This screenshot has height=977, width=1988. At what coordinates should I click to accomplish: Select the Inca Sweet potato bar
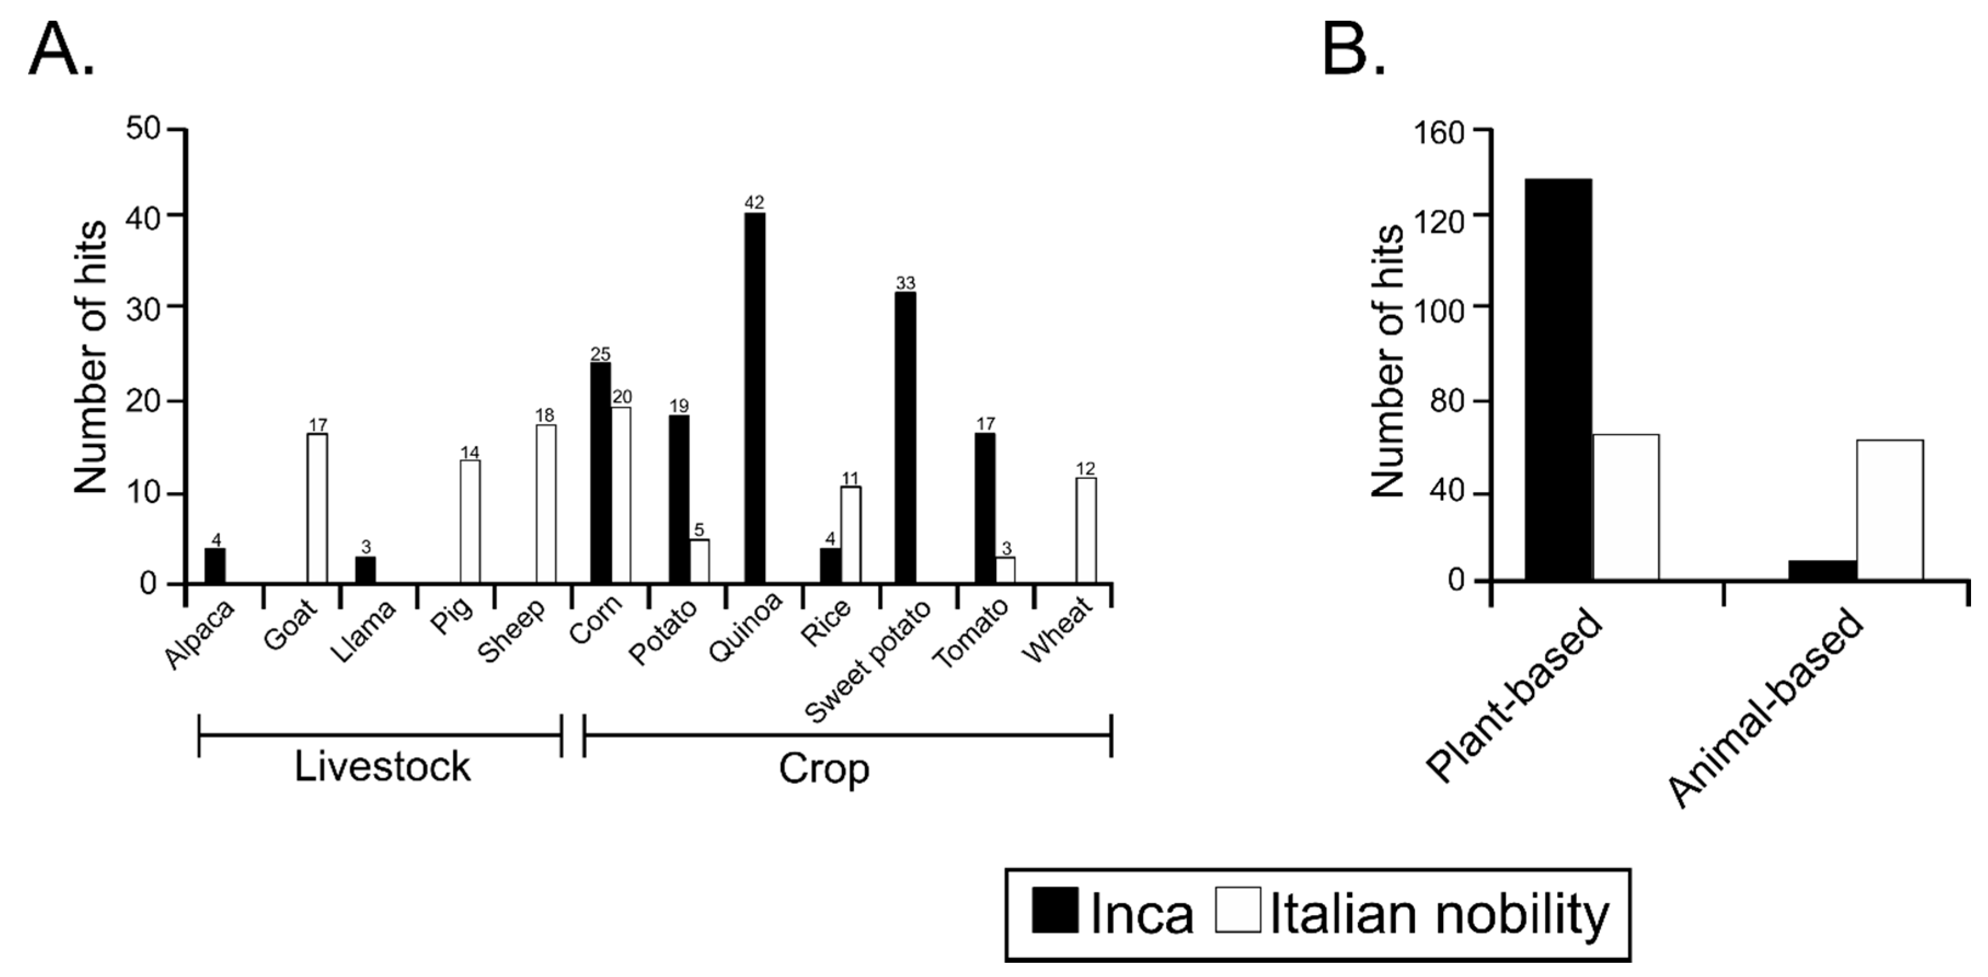click(x=905, y=437)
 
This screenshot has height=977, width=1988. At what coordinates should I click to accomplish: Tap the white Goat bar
click(x=317, y=508)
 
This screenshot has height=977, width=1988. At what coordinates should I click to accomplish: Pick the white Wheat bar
click(x=1086, y=530)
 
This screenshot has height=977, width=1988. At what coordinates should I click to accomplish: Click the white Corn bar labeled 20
click(x=621, y=495)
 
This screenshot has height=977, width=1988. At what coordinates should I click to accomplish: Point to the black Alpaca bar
click(x=215, y=565)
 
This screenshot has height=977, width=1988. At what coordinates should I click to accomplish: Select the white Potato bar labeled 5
click(x=699, y=561)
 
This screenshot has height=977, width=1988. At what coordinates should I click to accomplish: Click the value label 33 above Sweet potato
click(x=905, y=283)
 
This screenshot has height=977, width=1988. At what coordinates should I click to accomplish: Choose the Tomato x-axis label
click(x=971, y=633)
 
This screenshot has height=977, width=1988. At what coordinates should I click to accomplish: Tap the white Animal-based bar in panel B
click(x=1889, y=510)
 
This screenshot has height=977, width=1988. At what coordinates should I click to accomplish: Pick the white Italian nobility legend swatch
click(x=1238, y=911)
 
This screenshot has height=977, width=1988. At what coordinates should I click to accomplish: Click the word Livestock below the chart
click(x=382, y=767)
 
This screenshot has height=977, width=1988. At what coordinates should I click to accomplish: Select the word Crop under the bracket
click(x=823, y=768)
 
